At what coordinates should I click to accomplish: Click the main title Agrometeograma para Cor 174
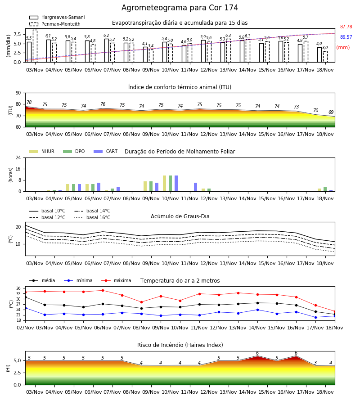pyautogui.click(x=180, y=8)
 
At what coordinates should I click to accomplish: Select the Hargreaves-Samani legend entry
pyautogui.click(x=57, y=17)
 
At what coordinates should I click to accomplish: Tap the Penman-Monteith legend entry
pyautogui.click(x=55, y=24)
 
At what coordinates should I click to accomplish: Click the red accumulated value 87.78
pyautogui.click(x=346, y=27)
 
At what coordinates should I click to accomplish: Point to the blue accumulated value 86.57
pyautogui.click(x=346, y=37)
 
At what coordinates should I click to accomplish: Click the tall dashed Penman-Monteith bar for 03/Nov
pyautogui.click(x=35, y=46)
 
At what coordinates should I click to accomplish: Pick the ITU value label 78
pyautogui.click(x=29, y=103)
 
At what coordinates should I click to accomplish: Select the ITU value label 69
pyautogui.click(x=331, y=112)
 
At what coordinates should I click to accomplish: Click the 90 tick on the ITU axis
pyautogui.click(x=18, y=93)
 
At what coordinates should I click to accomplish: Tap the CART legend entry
pyautogui.click(x=106, y=151)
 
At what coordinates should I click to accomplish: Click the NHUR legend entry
pyautogui.click(x=42, y=151)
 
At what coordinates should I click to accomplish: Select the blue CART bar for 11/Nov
pyautogui.click(x=195, y=187)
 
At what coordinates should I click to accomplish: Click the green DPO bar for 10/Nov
pyautogui.click(x=170, y=184)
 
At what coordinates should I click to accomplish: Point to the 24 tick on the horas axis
pyautogui.click(x=18, y=157)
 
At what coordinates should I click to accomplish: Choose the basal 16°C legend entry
pyautogui.click(x=92, y=217)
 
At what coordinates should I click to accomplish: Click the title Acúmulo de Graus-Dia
pyautogui.click(x=180, y=216)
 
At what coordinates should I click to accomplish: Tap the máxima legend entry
pyautogui.click(x=116, y=280)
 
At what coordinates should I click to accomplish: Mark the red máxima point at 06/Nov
pyautogui.click(x=103, y=290)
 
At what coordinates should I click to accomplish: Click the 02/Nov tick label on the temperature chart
pyautogui.click(x=25, y=328)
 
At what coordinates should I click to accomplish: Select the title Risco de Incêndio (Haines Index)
pyautogui.click(x=180, y=345)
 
